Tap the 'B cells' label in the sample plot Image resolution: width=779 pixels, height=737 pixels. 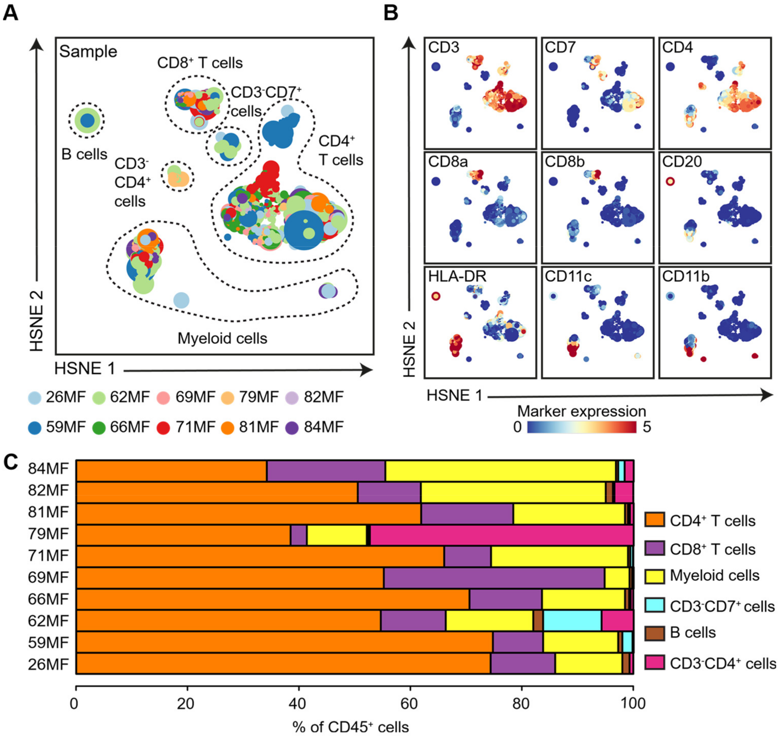[x=84, y=154]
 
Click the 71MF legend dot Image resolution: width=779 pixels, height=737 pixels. [x=163, y=427]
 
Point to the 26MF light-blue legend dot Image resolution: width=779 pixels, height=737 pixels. [x=35, y=398]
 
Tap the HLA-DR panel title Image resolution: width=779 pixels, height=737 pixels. [x=457, y=276]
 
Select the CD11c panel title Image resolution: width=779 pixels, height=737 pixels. [x=568, y=276]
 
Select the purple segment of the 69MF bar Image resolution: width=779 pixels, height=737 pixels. [x=494, y=577]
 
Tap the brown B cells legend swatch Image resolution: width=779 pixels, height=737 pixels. [x=654, y=633]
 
